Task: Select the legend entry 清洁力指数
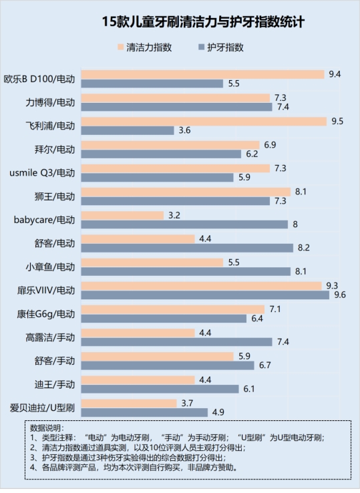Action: pyautogui.click(x=149, y=47)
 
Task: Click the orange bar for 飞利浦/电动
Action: pyautogui.click(x=204, y=122)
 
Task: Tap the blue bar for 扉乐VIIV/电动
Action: pyautogui.click(x=205, y=295)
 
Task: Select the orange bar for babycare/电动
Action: pyautogui.click(x=122, y=215)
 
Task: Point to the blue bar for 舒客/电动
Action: pyautogui.click(x=187, y=248)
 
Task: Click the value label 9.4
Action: pyautogui.click(x=335, y=74)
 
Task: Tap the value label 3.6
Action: pyautogui.click(x=185, y=130)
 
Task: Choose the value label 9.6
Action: pyautogui.click(x=339, y=295)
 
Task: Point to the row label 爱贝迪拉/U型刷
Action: pyautogui.click(x=42, y=407)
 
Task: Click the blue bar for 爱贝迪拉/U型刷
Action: pyautogui.click(x=144, y=412)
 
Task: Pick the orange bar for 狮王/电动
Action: pyautogui.click(x=186, y=192)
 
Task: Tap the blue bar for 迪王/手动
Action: pyautogui.click(x=160, y=388)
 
